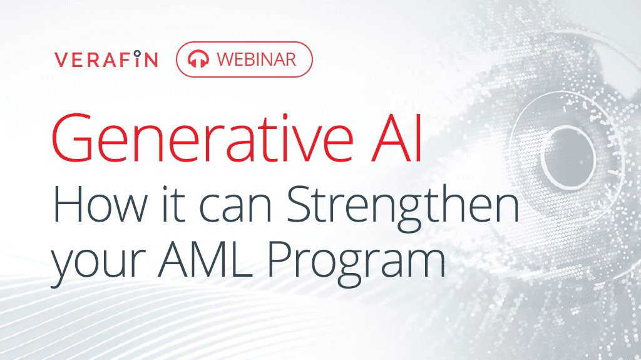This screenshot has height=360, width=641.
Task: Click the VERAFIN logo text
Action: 106,59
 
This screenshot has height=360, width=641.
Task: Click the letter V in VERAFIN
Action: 60,59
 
